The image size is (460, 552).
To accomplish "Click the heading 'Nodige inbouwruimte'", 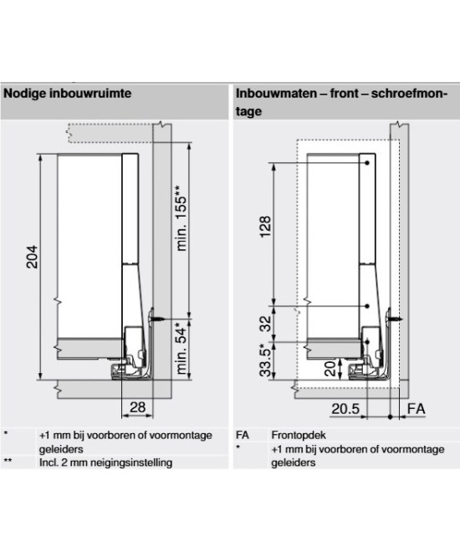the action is [67, 94].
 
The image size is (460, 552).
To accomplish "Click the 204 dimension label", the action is [32, 257].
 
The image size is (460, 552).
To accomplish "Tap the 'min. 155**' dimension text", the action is [181, 218].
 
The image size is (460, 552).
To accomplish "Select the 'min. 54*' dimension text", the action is [181, 348].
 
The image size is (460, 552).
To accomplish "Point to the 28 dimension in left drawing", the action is [137, 407].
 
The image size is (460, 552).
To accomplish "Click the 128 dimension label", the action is [266, 227].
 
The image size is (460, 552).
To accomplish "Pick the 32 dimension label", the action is [266, 323].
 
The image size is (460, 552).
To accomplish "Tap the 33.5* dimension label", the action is [266, 360].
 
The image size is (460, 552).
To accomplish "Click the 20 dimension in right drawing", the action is [330, 369].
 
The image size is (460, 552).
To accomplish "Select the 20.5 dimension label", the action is [345, 409].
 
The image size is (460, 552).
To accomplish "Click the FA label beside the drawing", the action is [416, 409].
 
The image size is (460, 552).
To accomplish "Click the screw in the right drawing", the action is [395, 319].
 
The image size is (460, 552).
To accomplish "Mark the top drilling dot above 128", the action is [366, 163].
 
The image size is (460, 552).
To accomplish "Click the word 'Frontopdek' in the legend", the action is [299, 435].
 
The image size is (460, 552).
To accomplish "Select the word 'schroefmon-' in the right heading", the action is [409, 94].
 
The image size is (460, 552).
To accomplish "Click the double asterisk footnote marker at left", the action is [8, 461].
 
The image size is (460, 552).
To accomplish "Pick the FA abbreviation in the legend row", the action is [243, 435].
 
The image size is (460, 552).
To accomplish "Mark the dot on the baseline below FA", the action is [391, 417].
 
